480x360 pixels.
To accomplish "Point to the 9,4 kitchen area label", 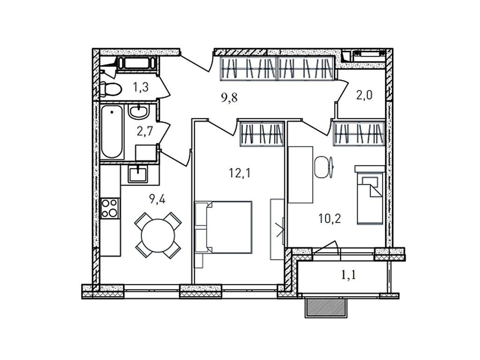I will (157, 199).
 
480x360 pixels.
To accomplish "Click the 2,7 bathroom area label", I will (145, 130).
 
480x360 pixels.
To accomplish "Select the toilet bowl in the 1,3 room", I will (110, 89).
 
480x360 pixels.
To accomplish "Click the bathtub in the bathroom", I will (112, 132).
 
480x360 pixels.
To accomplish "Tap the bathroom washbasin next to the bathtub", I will (138, 112).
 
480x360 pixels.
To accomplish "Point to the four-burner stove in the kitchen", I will (110, 208).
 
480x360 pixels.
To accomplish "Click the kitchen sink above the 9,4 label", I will (138, 174).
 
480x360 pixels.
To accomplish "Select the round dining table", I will (158, 236).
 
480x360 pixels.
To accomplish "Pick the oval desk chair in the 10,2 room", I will (322, 167).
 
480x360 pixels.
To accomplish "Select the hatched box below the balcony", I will (326, 307).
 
